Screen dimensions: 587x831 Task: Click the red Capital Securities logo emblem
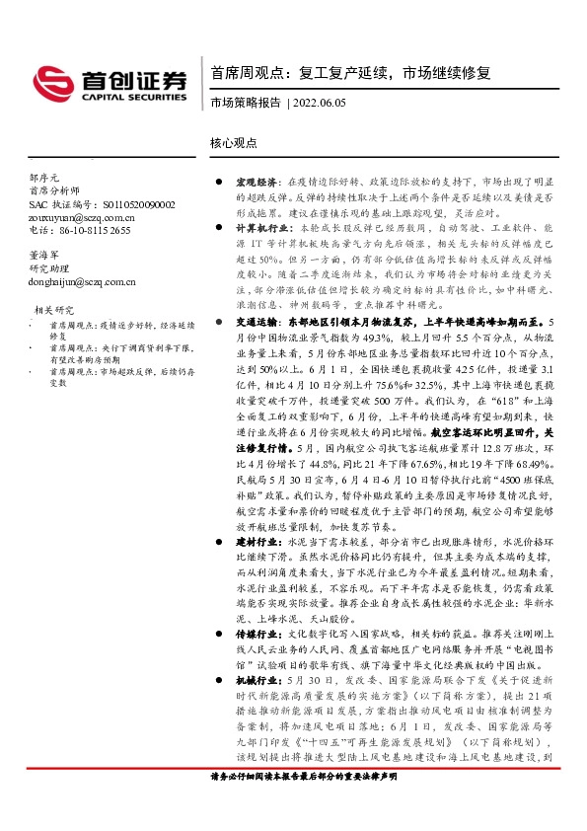(x=50, y=79)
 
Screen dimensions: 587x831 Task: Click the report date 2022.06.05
(x=320, y=103)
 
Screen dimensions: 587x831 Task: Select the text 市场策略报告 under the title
(x=245, y=103)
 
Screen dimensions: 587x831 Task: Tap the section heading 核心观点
(x=234, y=142)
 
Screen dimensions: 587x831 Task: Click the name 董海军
(x=45, y=254)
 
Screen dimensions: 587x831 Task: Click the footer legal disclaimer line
(x=304, y=805)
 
